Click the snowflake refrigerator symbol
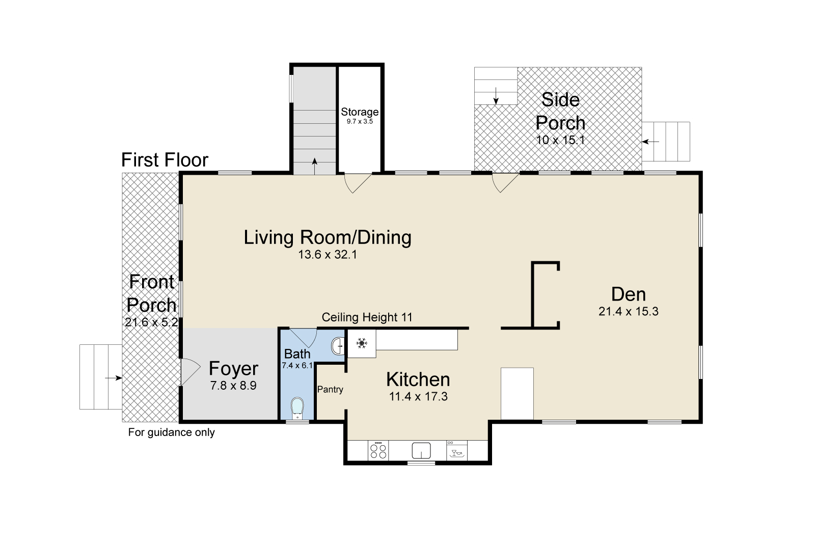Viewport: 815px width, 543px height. pos(362,343)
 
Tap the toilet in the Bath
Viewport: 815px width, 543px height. pos(297,408)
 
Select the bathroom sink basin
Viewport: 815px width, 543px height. pos(337,346)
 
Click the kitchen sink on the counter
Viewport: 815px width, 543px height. pos(421,451)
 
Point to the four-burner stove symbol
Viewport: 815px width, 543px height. pos(378,451)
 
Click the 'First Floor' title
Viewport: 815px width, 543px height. pos(165,160)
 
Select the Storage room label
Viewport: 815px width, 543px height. pos(360,112)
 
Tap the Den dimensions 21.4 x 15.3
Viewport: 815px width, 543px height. pos(629,312)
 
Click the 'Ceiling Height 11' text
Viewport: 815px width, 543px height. pos(367,317)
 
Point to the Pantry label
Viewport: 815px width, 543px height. pos(330,389)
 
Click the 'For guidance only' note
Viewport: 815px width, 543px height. pos(171,432)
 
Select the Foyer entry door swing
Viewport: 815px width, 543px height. pos(190,372)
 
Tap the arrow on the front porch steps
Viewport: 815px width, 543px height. pos(114,378)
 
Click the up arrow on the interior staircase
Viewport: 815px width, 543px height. pos(315,167)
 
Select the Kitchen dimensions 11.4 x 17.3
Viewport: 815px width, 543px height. pos(418,396)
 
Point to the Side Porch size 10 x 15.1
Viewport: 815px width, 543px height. pos(560,140)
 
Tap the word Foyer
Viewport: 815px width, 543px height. pos(234,368)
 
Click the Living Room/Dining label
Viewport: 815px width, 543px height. pos(328,237)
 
